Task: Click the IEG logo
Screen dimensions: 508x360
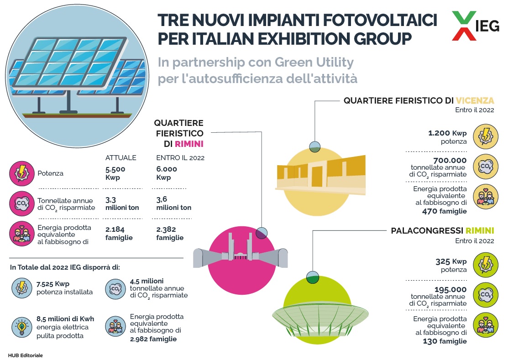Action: (476, 26)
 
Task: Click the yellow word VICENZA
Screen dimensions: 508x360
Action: (475, 100)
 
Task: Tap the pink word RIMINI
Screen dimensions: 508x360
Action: (189, 144)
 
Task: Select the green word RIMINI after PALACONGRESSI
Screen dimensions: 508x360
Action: (480, 230)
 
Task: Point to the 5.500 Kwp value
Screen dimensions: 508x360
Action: (115, 173)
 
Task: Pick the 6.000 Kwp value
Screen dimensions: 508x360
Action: (167, 173)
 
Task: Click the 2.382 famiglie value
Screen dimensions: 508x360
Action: (170, 234)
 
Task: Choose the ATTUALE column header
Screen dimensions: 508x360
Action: (120, 158)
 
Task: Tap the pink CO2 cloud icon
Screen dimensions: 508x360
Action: (22, 203)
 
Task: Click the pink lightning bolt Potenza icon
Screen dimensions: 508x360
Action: (22, 173)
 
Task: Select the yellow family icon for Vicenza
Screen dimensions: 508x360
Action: (485, 197)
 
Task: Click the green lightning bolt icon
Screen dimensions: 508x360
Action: (485, 265)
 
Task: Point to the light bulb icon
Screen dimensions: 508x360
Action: (22, 327)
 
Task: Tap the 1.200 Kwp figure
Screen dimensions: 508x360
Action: (447, 133)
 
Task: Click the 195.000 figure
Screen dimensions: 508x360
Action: (450, 289)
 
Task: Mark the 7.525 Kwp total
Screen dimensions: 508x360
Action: (53, 284)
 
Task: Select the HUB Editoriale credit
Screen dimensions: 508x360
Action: (25, 355)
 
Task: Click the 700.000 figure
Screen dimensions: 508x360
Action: (450, 160)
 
